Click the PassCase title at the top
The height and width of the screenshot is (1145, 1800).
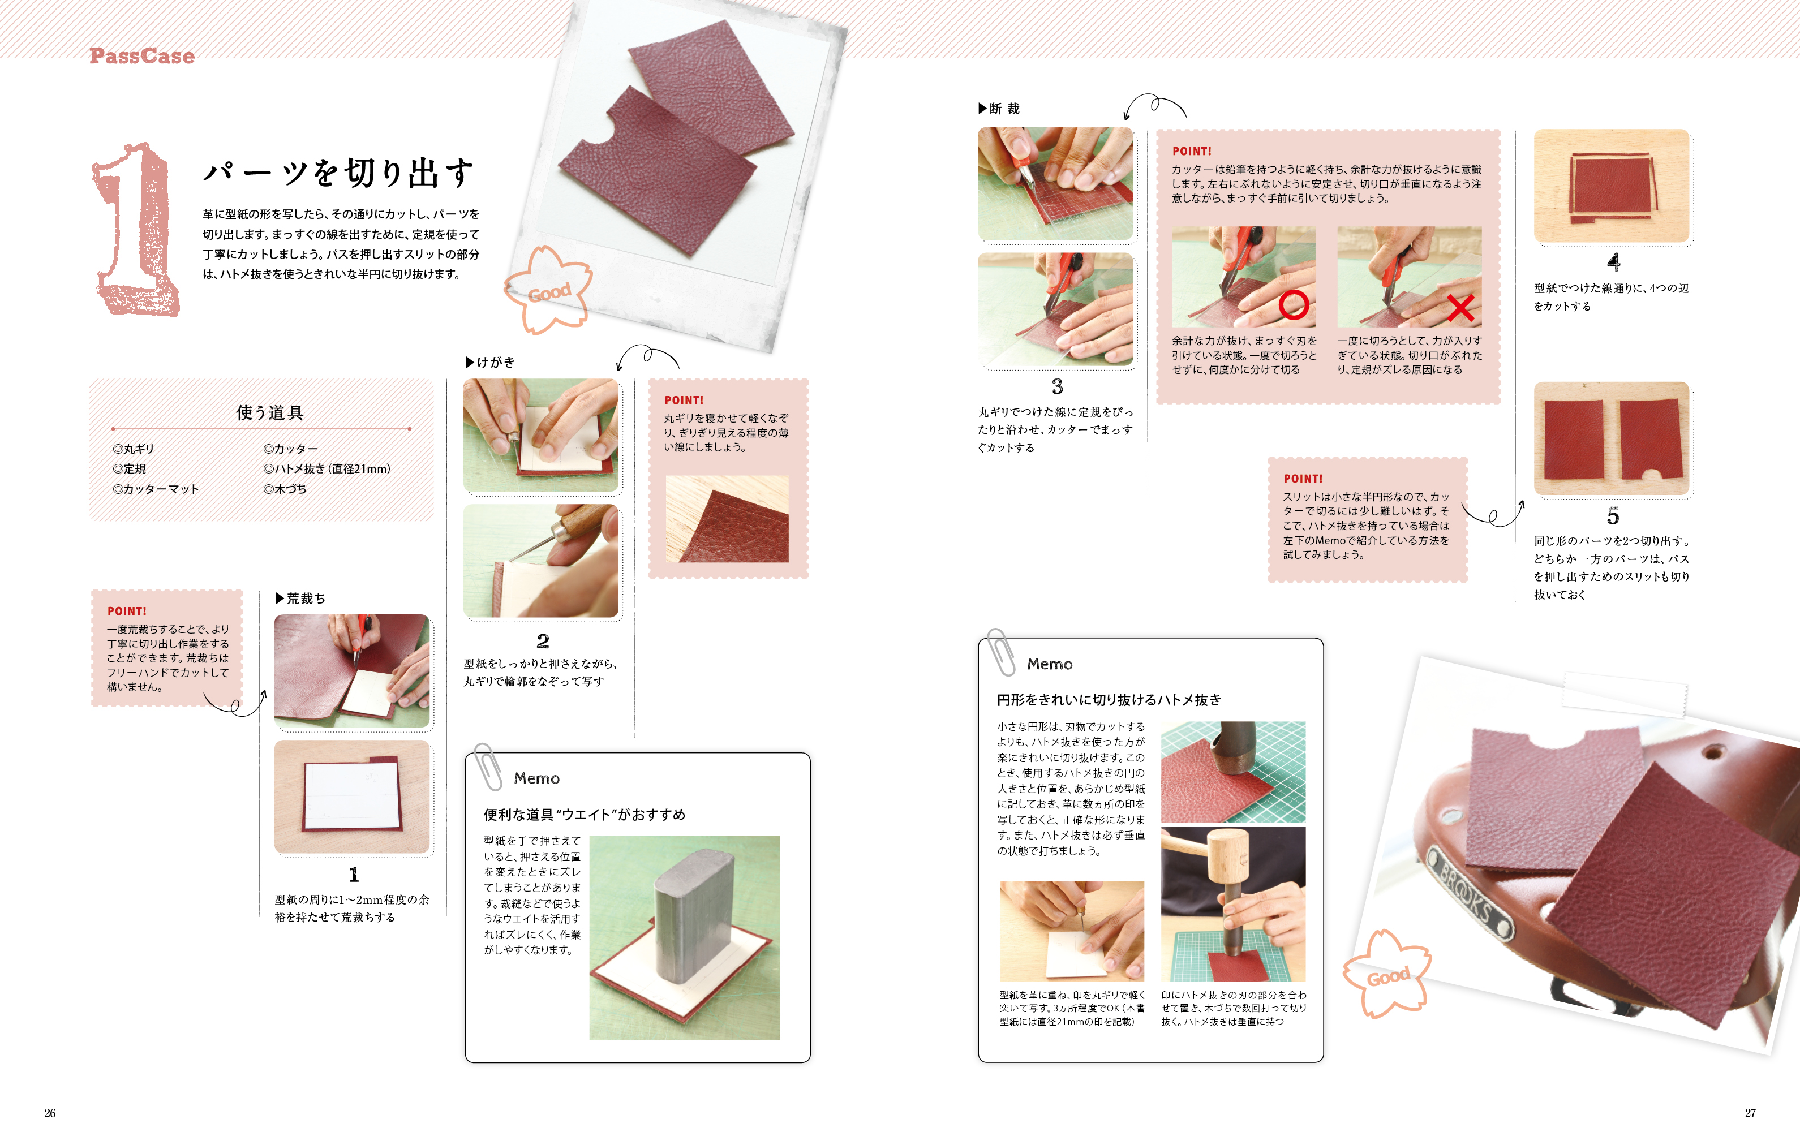[142, 56]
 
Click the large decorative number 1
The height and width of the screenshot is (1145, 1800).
[135, 230]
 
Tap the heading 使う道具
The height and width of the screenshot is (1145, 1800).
[270, 412]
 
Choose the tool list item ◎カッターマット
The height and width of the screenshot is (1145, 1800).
[156, 489]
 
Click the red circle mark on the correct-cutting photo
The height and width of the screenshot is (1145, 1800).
[1293, 304]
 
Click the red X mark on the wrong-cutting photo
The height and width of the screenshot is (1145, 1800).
[1460, 307]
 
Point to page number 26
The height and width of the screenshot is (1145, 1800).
[50, 1113]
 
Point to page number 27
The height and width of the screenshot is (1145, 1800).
[1750, 1113]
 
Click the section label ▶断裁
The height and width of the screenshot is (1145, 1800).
[999, 109]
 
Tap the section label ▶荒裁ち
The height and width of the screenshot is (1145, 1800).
[300, 598]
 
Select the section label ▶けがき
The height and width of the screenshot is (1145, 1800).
[491, 361]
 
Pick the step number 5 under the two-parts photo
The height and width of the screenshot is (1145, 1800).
[1613, 516]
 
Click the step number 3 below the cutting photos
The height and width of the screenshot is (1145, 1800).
[1057, 386]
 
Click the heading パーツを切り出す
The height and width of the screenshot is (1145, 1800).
[338, 173]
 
